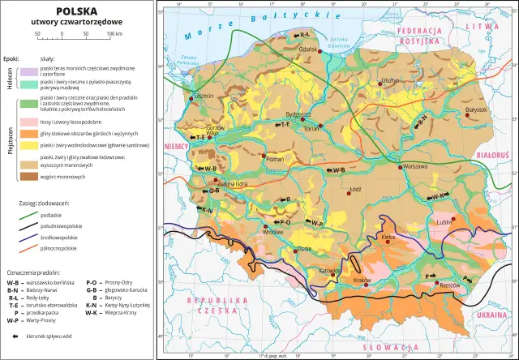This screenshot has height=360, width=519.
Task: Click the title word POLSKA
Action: tap(78, 11)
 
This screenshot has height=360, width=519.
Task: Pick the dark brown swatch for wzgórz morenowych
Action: tap(32, 175)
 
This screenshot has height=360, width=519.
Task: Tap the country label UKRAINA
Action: tap(489, 313)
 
